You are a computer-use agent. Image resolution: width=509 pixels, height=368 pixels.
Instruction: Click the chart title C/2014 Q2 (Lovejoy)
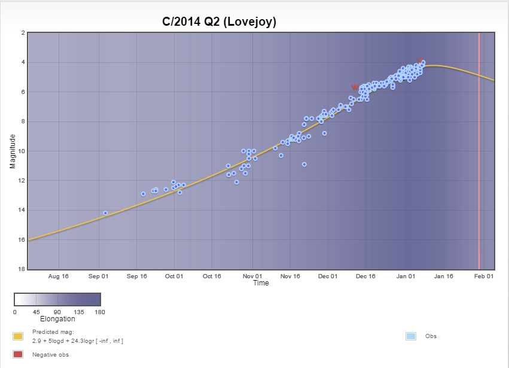(x=220, y=22)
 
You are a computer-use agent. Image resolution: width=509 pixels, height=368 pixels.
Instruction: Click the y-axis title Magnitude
(x=13, y=151)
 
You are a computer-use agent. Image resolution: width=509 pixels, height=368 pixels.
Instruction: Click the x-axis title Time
(x=261, y=283)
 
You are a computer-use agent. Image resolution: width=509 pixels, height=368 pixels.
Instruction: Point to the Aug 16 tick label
(x=59, y=276)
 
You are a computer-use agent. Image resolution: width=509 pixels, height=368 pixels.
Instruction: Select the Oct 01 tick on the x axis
(x=174, y=276)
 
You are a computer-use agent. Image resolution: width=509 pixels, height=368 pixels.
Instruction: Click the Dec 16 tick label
(x=365, y=276)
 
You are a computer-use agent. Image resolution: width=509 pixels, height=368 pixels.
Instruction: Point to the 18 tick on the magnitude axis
(x=22, y=269)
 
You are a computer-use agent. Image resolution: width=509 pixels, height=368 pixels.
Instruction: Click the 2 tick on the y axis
(x=23, y=33)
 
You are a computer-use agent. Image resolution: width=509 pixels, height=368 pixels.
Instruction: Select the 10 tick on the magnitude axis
(x=22, y=151)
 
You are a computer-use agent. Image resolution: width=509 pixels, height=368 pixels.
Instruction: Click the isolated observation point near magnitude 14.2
(x=105, y=213)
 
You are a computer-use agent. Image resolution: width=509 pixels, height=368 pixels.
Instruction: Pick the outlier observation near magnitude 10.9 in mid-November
(x=304, y=164)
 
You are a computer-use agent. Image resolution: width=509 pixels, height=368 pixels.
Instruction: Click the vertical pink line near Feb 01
(x=479, y=150)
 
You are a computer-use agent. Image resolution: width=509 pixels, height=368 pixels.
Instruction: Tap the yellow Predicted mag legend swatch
(x=18, y=336)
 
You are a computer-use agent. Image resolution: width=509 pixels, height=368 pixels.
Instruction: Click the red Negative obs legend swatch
(x=18, y=355)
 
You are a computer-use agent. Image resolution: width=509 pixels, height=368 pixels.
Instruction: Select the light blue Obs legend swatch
(x=411, y=336)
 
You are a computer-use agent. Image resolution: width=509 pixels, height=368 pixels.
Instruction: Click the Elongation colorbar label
(x=57, y=319)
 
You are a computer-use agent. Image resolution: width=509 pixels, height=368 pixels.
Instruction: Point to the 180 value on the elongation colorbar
(x=100, y=312)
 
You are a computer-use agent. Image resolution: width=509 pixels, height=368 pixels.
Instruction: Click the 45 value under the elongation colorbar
(x=36, y=312)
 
